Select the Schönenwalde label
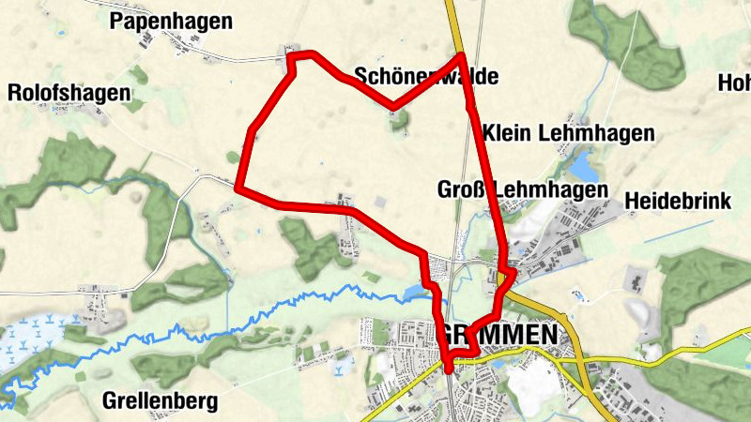coord(425,77)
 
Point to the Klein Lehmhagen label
coord(569,134)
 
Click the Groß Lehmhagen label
coord(523,189)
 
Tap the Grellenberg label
coord(160,402)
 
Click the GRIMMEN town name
coord(497,335)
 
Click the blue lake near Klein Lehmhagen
coord(584,169)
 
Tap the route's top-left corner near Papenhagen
coord(291,59)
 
